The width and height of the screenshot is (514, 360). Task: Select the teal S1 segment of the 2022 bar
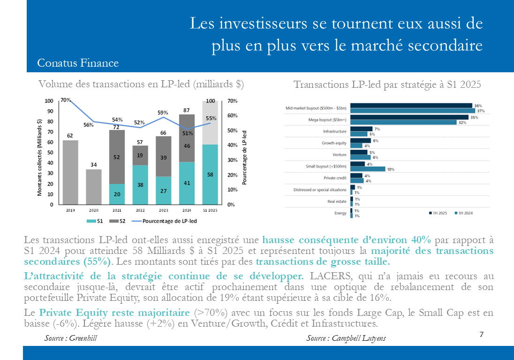(x=140, y=185)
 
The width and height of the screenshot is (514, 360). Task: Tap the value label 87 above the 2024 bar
(x=187, y=110)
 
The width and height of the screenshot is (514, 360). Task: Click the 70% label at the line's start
(x=66, y=100)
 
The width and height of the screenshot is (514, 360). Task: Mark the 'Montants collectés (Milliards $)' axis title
(x=40, y=157)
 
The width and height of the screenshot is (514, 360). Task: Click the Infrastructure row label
(x=334, y=131)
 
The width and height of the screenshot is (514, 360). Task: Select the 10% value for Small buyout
(x=390, y=169)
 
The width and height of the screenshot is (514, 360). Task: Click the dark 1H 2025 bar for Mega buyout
(x=409, y=117)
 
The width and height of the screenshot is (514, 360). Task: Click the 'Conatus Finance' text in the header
(x=77, y=63)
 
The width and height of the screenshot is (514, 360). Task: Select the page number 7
(x=482, y=334)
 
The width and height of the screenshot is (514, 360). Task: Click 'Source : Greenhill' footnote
(x=70, y=338)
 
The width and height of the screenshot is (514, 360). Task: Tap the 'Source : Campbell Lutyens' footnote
(x=346, y=338)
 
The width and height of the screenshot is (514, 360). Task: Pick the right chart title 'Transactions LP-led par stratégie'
(x=387, y=84)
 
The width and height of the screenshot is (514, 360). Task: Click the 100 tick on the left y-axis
(x=49, y=101)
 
